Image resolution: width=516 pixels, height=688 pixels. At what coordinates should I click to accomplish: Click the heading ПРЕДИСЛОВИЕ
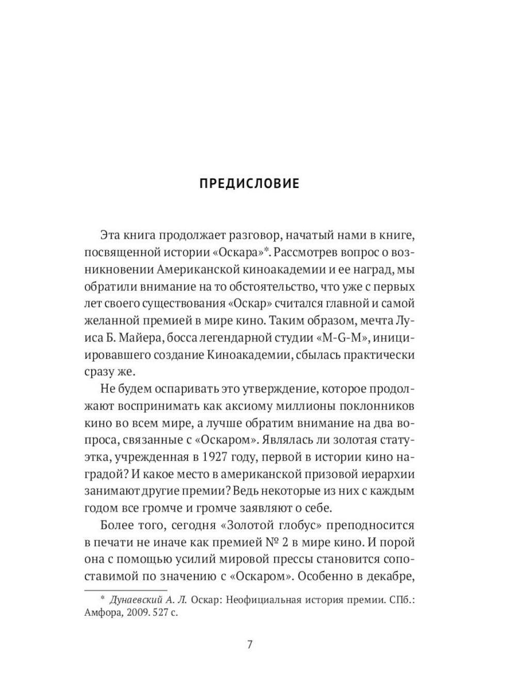coord(249,184)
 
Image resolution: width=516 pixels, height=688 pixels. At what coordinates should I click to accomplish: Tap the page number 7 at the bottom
coord(250,645)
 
